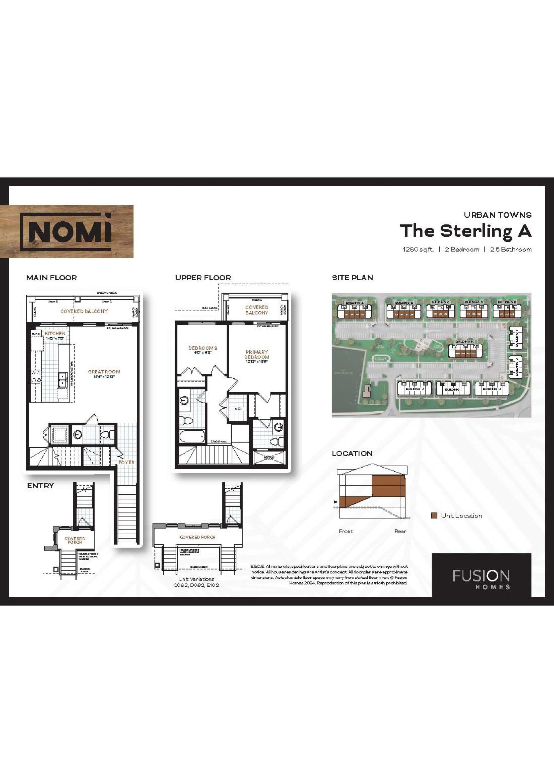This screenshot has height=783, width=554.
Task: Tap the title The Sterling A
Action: click(x=466, y=231)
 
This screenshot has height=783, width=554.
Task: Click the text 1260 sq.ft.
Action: click(x=418, y=249)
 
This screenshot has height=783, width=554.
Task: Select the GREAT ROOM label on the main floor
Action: click(x=104, y=372)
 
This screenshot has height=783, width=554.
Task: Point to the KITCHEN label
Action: click(x=55, y=333)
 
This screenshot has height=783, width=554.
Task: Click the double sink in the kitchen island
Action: click(x=62, y=380)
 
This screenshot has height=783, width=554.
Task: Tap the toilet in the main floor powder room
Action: click(x=109, y=434)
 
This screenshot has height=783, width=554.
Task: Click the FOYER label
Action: click(x=126, y=462)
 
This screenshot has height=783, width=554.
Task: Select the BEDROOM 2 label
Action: click(x=203, y=348)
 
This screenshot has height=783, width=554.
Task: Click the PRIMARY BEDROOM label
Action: click(x=257, y=354)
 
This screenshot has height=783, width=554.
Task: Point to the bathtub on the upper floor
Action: click(x=192, y=436)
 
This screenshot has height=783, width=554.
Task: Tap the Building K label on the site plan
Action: click(x=464, y=341)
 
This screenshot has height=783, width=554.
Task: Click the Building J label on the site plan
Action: click(x=415, y=388)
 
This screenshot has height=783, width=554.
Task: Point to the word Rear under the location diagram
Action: click(x=400, y=531)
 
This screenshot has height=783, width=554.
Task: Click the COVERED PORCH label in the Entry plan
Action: click(x=75, y=540)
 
